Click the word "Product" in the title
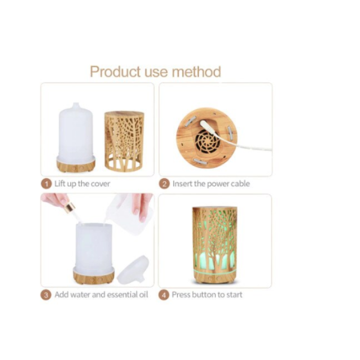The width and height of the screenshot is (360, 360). (x=115, y=72)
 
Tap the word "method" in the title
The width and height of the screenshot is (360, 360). (x=196, y=72)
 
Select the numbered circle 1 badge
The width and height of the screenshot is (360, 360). (x=46, y=184)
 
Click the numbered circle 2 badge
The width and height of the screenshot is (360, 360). (x=164, y=184)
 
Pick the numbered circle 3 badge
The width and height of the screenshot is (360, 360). (x=46, y=295)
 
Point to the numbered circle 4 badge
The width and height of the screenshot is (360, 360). (x=164, y=295)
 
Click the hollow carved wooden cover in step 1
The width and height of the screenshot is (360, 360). (x=124, y=141)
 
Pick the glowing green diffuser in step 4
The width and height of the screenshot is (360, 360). (x=215, y=245)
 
